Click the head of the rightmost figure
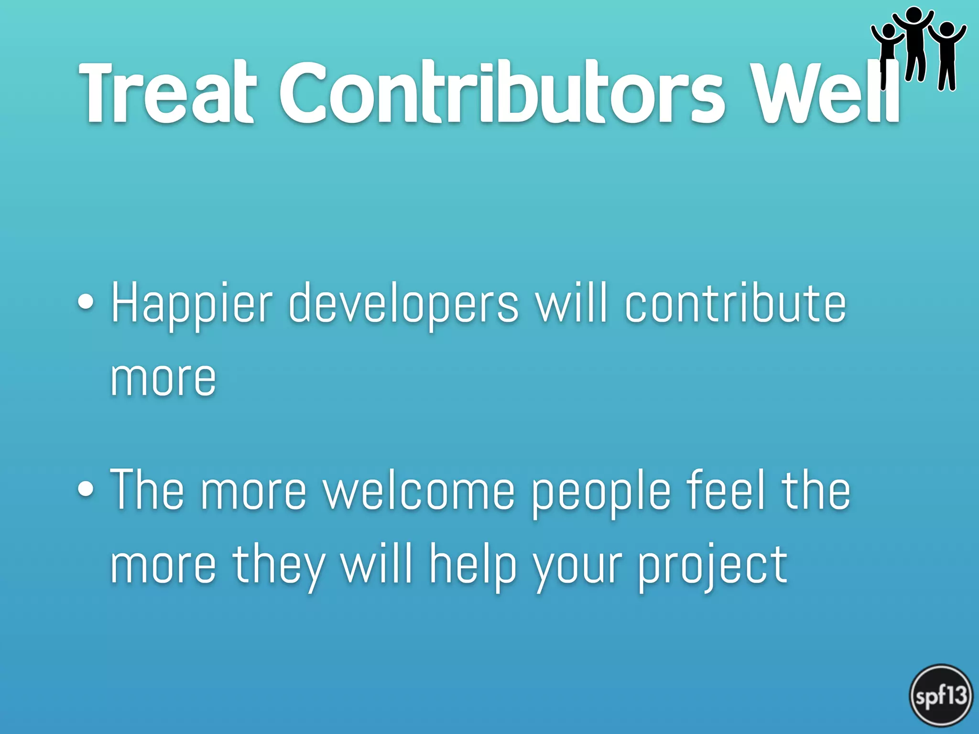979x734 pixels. point(947,29)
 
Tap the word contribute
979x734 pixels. point(736,303)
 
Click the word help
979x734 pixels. point(473,566)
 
